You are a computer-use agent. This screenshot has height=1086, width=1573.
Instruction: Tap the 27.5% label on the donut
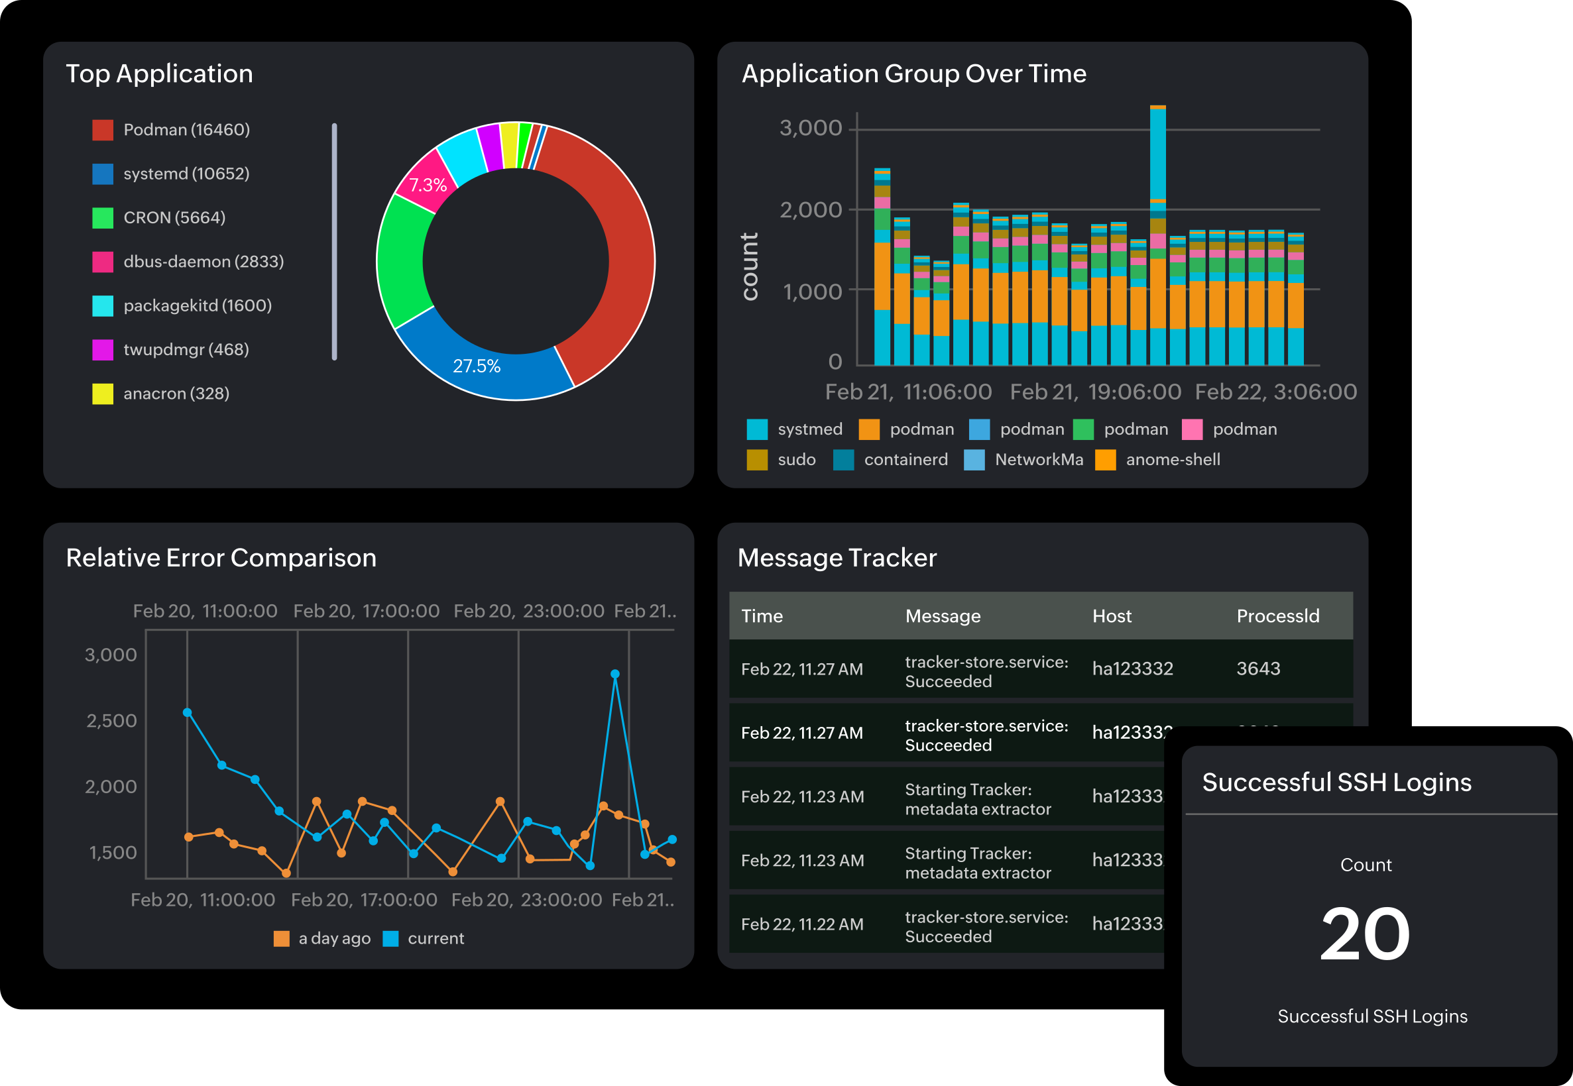[477, 366]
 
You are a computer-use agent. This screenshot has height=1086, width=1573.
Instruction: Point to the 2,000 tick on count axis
[810, 209]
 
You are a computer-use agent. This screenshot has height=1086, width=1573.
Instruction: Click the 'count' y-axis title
[750, 266]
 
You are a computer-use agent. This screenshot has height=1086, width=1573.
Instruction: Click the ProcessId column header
[1277, 616]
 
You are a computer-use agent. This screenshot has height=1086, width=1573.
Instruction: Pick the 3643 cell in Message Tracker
[1258, 668]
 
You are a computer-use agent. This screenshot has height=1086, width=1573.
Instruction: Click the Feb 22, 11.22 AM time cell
[802, 924]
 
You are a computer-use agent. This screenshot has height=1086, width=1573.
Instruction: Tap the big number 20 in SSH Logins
[1364, 934]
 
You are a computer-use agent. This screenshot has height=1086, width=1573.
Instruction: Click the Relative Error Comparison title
[221, 558]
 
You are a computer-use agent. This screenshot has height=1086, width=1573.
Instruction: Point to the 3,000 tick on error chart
[110, 655]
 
